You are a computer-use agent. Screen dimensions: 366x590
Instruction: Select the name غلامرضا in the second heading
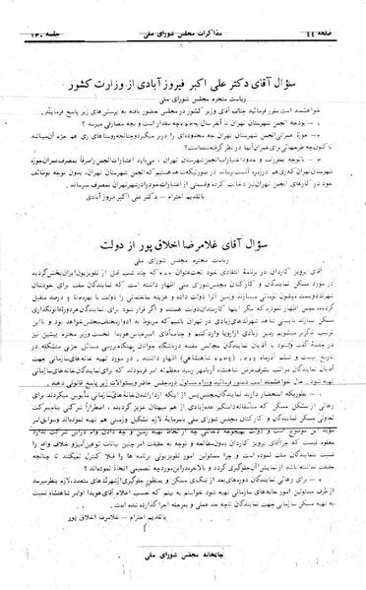click(x=195, y=241)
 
